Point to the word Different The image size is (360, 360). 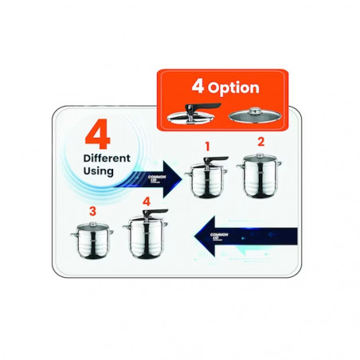point(108,158)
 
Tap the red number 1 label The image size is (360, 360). point(207,147)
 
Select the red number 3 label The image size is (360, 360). point(92,212)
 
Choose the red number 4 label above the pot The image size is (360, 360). point(146,202)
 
